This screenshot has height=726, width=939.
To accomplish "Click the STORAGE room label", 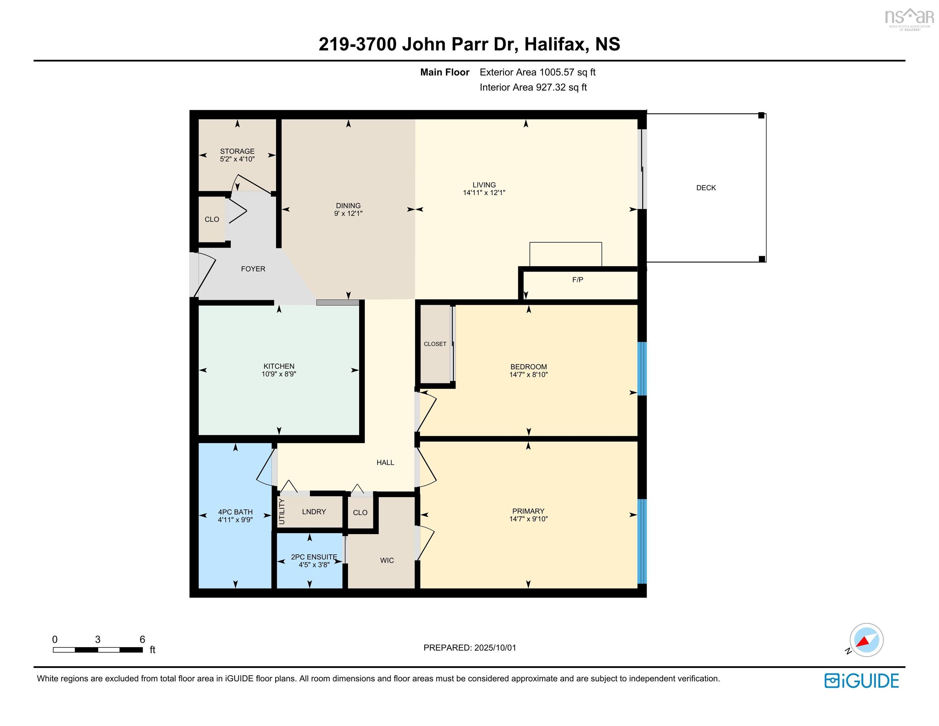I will tap(237, 151).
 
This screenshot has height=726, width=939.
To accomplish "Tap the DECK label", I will tap(706, 187).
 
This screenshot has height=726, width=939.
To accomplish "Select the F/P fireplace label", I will tap(577, 279).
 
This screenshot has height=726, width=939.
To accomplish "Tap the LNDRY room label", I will tap(314, 511).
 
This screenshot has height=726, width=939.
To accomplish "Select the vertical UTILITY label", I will tap(282, 511).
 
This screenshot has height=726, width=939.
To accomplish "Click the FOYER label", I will tap(253, 269).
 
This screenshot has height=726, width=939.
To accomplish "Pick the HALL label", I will tap(385, 462).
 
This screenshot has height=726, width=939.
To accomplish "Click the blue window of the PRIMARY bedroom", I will tap(641, 541).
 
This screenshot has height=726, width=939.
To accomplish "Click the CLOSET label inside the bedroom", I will tap(435, 344).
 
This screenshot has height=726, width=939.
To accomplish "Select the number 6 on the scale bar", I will tap(142, 639).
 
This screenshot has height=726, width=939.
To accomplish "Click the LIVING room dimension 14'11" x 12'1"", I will tap(484, 193).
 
